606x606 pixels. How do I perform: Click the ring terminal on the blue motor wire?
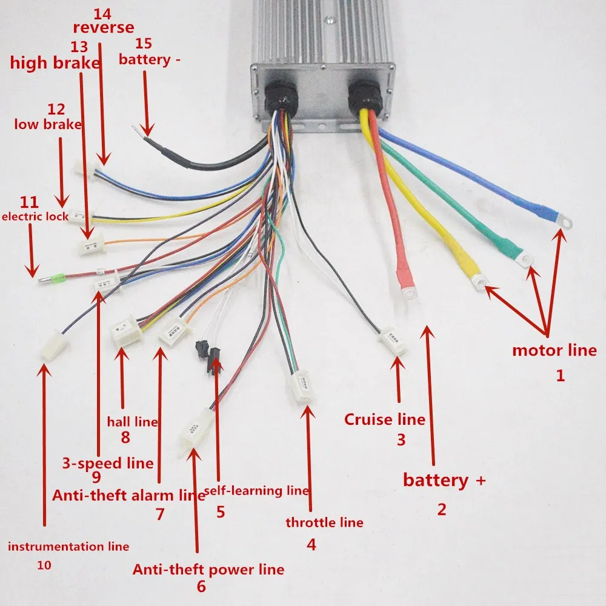(563, 222)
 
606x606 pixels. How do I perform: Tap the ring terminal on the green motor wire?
(525, 259)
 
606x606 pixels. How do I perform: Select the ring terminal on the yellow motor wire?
(481, 281)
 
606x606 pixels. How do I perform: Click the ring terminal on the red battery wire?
(410, 293)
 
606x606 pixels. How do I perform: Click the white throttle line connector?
(303, 388)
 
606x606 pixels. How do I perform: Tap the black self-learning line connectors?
(208, 358)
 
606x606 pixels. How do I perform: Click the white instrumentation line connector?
(54, 347)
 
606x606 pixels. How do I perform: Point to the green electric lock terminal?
(58, 280)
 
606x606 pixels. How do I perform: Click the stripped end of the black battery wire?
(143, 128)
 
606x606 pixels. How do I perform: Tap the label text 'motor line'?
(554, 350)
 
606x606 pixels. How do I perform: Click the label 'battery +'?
(444, 481)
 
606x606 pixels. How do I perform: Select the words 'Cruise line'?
(384, 419)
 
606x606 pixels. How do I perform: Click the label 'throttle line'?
(324, 522)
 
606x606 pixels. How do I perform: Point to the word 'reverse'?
(103, 27)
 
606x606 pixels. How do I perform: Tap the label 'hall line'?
(132, 422)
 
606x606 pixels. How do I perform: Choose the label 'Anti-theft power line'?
(208, 570)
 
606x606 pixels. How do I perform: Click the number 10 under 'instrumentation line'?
(44, 565)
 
